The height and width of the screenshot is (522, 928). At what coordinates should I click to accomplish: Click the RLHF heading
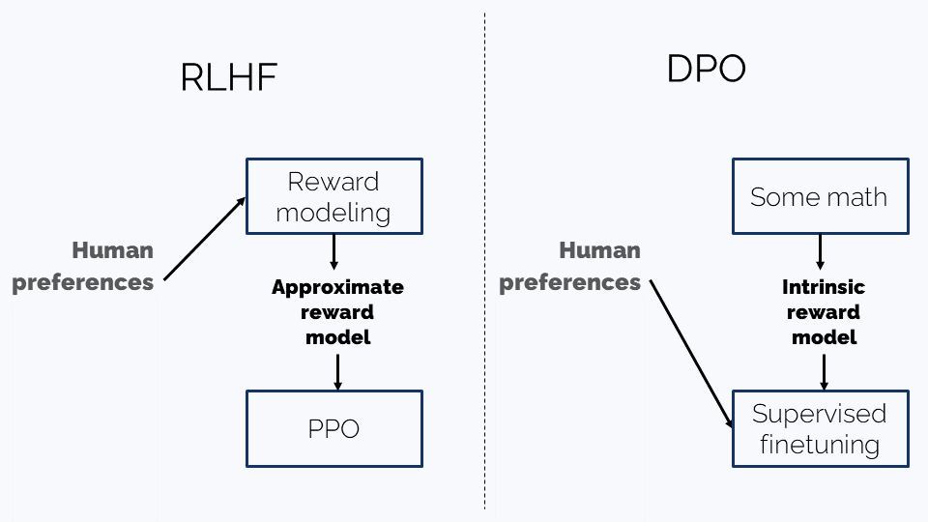click(x=229, y=77)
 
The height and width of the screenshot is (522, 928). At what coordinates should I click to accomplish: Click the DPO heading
click(x=706, y=69)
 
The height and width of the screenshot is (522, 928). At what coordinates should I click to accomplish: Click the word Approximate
click(x=338, y=287)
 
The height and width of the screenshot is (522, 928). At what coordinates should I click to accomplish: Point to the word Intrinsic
click(x=824, y=287)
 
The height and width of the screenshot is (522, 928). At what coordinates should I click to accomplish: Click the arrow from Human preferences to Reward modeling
click(x=205, y=239)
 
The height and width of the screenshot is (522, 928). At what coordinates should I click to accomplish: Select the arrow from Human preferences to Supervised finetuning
click(x=691, y=354)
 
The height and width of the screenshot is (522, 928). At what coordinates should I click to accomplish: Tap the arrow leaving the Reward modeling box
click(x=333, y=252)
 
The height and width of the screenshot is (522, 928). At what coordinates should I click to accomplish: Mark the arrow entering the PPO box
click(x=338, y=372)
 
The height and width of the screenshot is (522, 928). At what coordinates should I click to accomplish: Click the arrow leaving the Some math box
click(x=821, y=252)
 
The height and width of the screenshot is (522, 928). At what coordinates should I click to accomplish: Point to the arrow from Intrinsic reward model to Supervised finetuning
click(x=824, y=372)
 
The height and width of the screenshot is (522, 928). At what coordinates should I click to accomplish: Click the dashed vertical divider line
click(x=484, y=261)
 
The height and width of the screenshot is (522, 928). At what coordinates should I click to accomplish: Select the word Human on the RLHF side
click(x=112, y=250)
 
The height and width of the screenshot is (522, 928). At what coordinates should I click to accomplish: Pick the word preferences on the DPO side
click(x=570, y=283)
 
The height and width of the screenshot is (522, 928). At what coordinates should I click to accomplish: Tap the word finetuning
click(x=820, y=445)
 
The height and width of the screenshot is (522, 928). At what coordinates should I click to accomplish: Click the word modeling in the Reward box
click(x=333, y=213)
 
